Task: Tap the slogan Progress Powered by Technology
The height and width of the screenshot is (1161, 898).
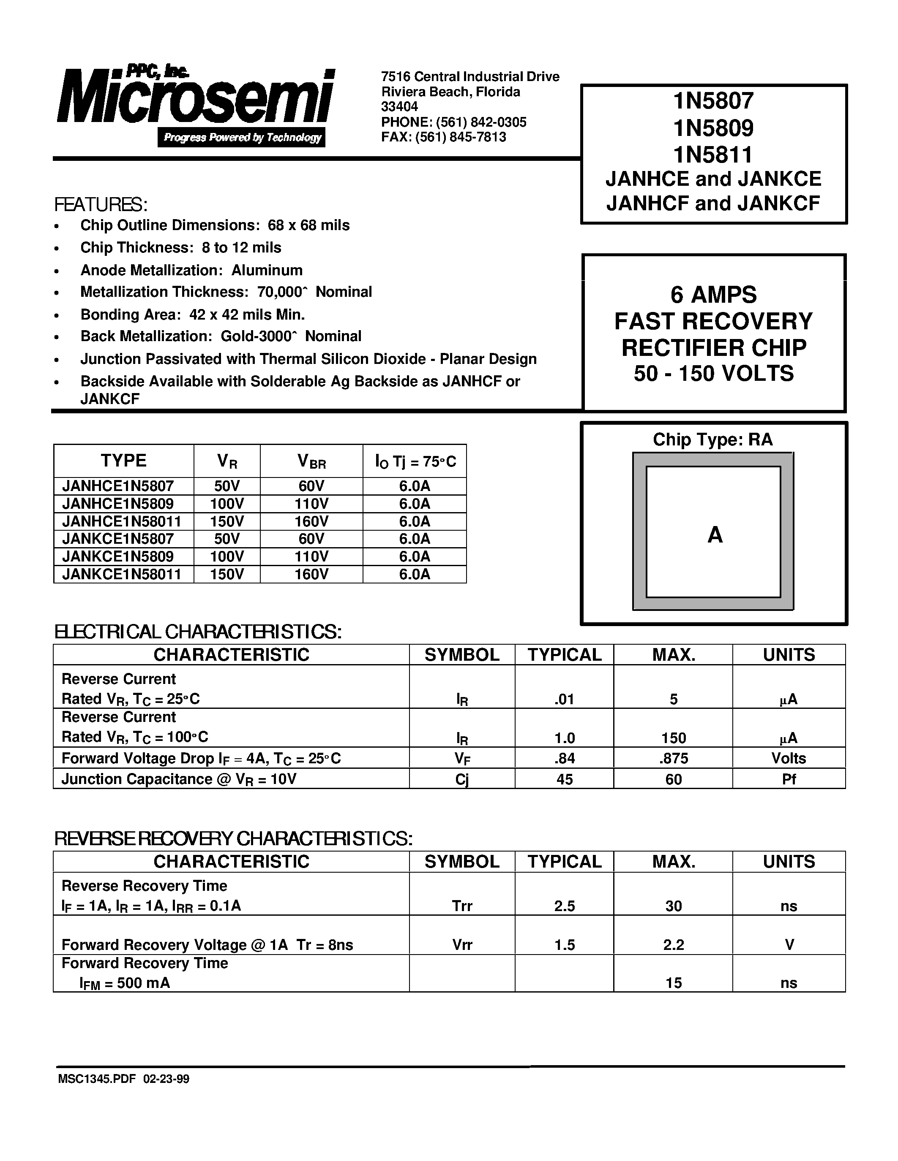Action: pyautogui.click(x=242, y=138)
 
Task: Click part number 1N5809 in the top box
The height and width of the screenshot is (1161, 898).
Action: pyautogui.click(x=713, y=127)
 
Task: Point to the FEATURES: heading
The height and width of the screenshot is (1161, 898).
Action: pyautogui.click(x=101, y=205)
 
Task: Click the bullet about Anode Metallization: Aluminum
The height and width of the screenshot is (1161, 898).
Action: pyautogui.click(x=191, y=270)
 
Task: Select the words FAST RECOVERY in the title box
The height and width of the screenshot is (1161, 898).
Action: pyautogui.click(x=713, y=321)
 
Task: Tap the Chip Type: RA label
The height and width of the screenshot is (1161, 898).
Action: pyautogui.click(x=712, y=439)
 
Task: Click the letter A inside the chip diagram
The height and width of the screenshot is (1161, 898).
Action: pyautogui.click(x=715, y=535)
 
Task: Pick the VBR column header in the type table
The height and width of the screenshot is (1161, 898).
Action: pyautogui.click(x=311, y=461)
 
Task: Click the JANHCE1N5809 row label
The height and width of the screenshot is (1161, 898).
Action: pyautogui.click(x=118, y=503)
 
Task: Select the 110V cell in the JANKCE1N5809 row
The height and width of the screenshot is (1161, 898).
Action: pyautogui.click(x=311, y=556)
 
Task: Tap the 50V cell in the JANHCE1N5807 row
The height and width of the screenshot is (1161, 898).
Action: pyautogui.click(x=227, y=486)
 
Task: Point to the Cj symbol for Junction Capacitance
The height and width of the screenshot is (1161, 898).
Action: pyautogui.click(x=462, y=779)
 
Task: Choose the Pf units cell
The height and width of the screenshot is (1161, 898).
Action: pyautogui.click(x=789, y=779)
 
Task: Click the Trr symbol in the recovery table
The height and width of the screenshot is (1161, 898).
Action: pyautogui.click(x=462, y=906)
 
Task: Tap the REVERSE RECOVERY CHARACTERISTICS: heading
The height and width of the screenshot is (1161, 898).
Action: pyautogui.click(x=234, y=839)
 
